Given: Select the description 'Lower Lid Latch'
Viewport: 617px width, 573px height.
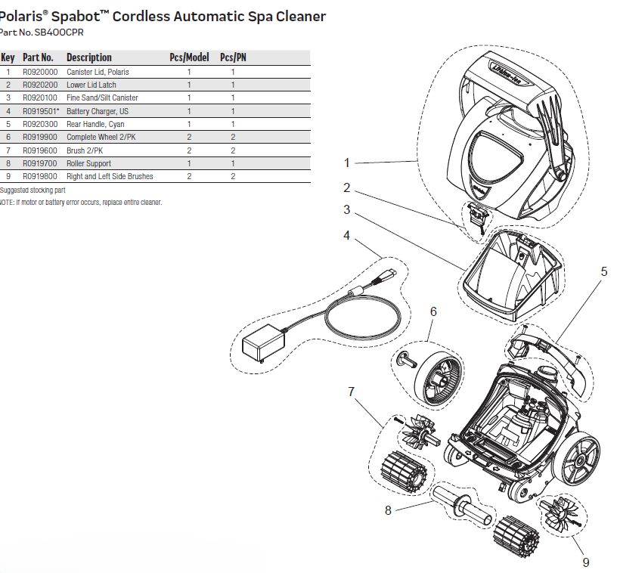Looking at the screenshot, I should [91, 85].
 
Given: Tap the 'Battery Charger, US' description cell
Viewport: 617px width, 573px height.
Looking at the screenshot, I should [98, 111].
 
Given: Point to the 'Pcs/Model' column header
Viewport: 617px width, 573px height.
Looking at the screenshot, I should [189, 57].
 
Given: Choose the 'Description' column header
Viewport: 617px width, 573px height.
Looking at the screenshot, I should [88, 57].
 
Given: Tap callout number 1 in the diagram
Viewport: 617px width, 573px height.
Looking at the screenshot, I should [347, 163].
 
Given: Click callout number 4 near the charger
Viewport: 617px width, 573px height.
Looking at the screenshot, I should [347, 235].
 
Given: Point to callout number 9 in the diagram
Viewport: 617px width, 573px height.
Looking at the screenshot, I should [585, 562].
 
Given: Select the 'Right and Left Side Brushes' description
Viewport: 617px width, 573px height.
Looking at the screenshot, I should [110, 176].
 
